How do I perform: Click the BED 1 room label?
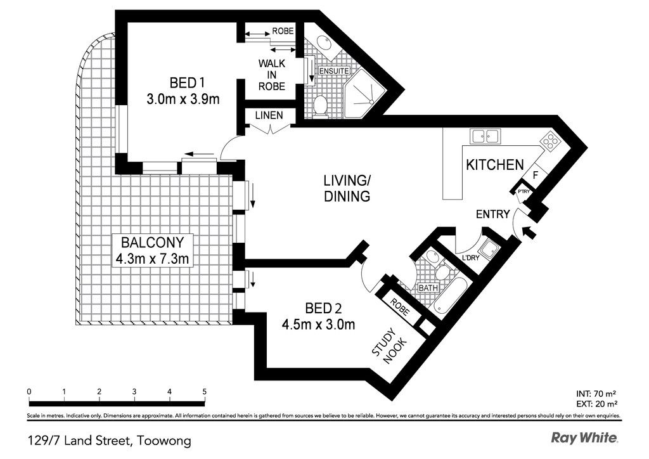point(187,83)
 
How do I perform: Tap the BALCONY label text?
point(152,242)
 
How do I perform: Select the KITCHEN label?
point(495,165)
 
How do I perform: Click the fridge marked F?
point(535,175)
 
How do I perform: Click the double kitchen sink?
point(485,136)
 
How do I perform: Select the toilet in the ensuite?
point(320,105)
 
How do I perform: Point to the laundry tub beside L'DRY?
point(489,250)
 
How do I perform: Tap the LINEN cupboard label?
point(269,115)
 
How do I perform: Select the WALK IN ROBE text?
point(272,75)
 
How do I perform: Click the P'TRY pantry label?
point(524,191)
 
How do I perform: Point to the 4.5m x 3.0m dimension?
point(318,325)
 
